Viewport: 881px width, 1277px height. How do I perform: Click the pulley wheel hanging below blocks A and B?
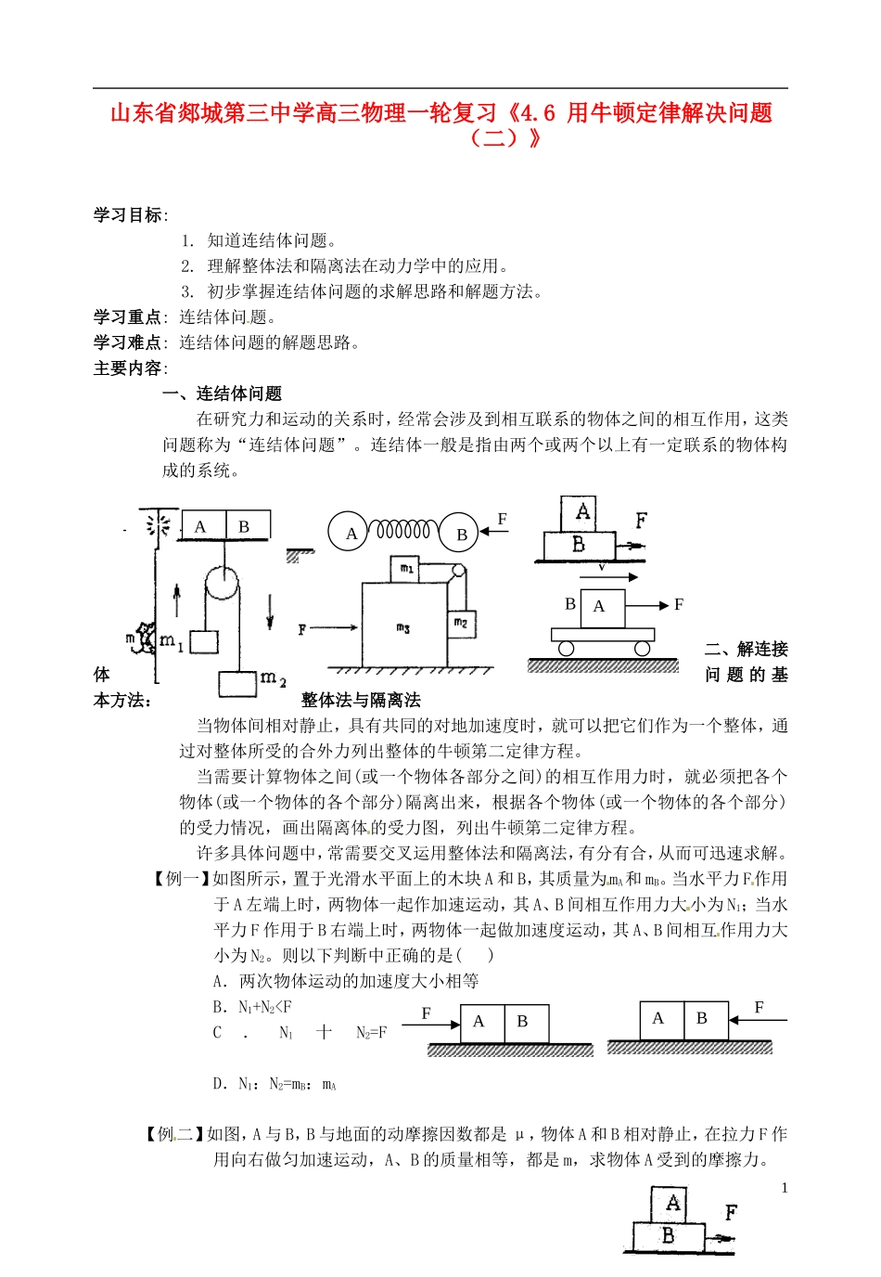223,584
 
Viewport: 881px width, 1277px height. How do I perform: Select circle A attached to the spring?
351,533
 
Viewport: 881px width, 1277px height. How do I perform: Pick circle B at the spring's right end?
461,534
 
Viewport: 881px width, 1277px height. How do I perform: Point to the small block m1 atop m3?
406,568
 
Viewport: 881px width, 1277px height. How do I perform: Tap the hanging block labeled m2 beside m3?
461,623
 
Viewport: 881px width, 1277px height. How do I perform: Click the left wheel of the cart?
566,649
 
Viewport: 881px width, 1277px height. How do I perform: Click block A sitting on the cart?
602,607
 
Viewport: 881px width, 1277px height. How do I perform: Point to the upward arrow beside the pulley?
177,600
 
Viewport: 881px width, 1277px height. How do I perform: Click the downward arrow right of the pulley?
270,610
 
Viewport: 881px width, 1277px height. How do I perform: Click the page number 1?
785,1188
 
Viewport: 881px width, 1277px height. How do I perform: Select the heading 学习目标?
127,215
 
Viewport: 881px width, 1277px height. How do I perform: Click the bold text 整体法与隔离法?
361,700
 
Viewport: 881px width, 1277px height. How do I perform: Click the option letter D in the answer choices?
219,1083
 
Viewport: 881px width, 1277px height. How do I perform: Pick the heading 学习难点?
127,342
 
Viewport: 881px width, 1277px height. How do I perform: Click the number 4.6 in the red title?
537,113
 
